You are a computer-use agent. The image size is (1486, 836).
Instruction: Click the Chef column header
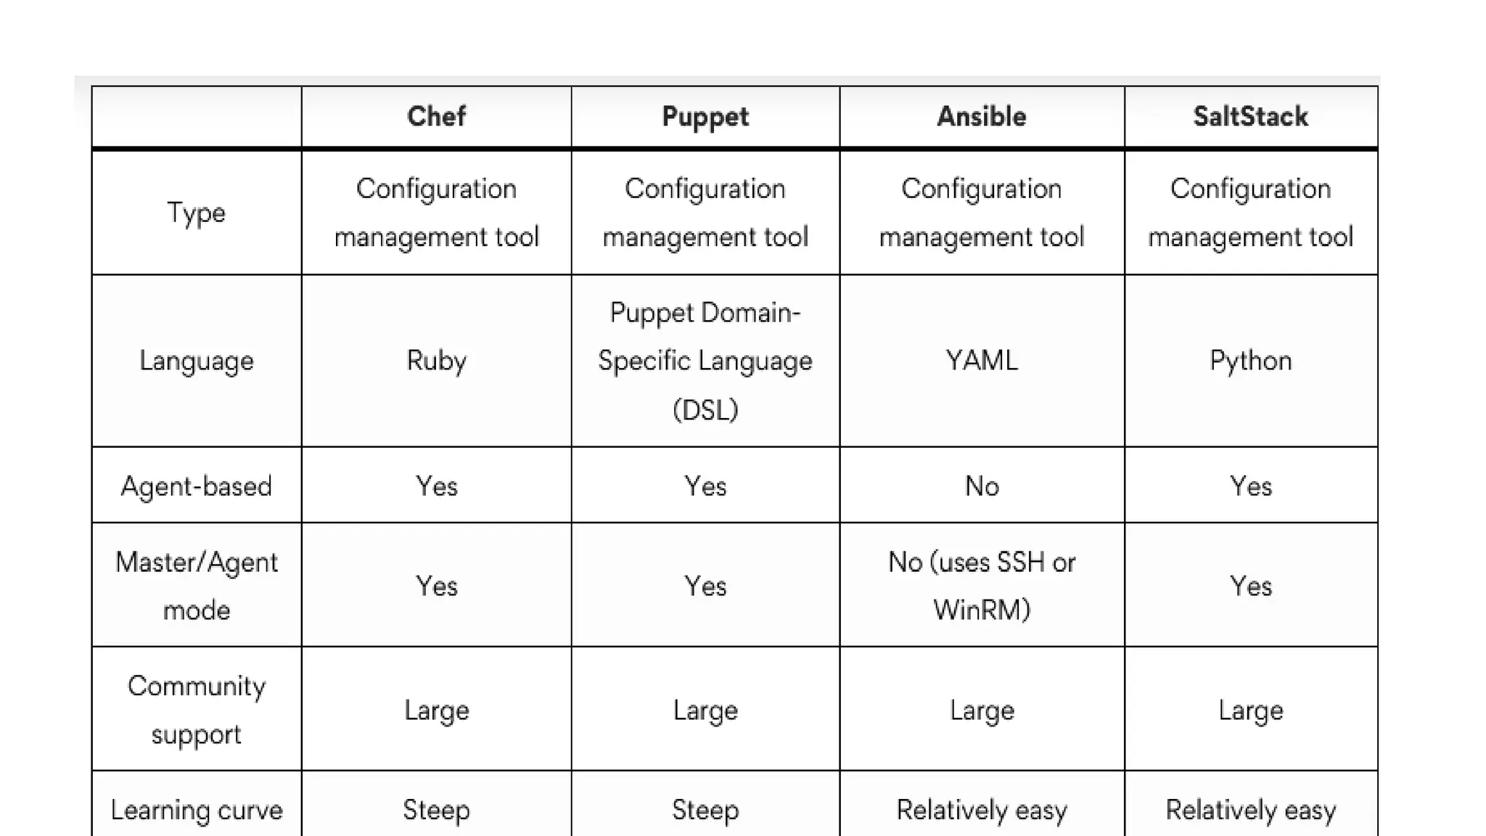[x=436, y=117]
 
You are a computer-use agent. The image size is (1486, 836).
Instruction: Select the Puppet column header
[x=705, y=117]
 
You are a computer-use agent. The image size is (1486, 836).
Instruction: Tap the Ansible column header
[x=982, y=117]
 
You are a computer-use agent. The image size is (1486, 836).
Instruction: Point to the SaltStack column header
[x=1251, y=117]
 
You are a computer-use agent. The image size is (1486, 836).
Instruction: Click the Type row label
[x=197, y=213]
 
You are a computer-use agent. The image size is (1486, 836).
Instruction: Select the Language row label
[x=197, y=361]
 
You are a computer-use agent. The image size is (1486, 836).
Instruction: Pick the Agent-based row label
[x=197, y=485]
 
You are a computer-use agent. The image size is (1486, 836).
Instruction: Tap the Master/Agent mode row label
[x=197, y=586]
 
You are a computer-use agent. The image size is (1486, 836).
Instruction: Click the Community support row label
[x=197, y=710]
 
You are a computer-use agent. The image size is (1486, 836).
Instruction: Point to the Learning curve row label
[x=197, y=810]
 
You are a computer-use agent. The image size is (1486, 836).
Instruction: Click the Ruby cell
[x=436, y=361]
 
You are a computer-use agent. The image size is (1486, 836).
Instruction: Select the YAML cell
[x=982, y=361]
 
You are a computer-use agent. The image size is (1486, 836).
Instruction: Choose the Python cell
[x=1251, y=361]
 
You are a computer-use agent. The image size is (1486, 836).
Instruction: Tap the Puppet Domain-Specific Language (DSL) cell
[x=705, y=361]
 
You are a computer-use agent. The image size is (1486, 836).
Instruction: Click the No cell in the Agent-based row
[x=982, y=485]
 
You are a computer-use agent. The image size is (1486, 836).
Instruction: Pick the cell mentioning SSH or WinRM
[x=982, y=586]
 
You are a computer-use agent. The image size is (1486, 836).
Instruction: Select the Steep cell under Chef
[x=436, y=810]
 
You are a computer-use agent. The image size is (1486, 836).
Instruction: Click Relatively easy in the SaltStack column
[x=1251, y=810]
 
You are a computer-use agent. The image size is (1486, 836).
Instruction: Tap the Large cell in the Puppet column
[x=705, y=710]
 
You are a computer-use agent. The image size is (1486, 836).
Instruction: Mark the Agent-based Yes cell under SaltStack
[x=1251, y=485]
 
